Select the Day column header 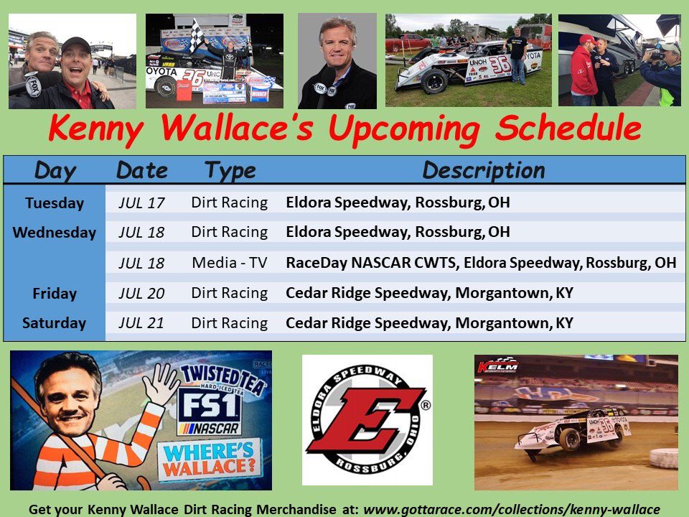(x=55, y=170)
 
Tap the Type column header (x=230, y=170)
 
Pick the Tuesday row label (x=55, y=203)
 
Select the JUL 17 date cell (x=141, y=203)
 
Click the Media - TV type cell (x=230, y=263)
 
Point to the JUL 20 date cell (x=141, y=293)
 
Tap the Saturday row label (x=55, y=323)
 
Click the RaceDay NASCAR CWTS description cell (x=480, y=263)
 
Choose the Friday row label (x=55, y=293)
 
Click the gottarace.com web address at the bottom (x=511, y=508)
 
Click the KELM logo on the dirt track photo (x=497, y=365)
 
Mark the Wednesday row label (x=55, y=233)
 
